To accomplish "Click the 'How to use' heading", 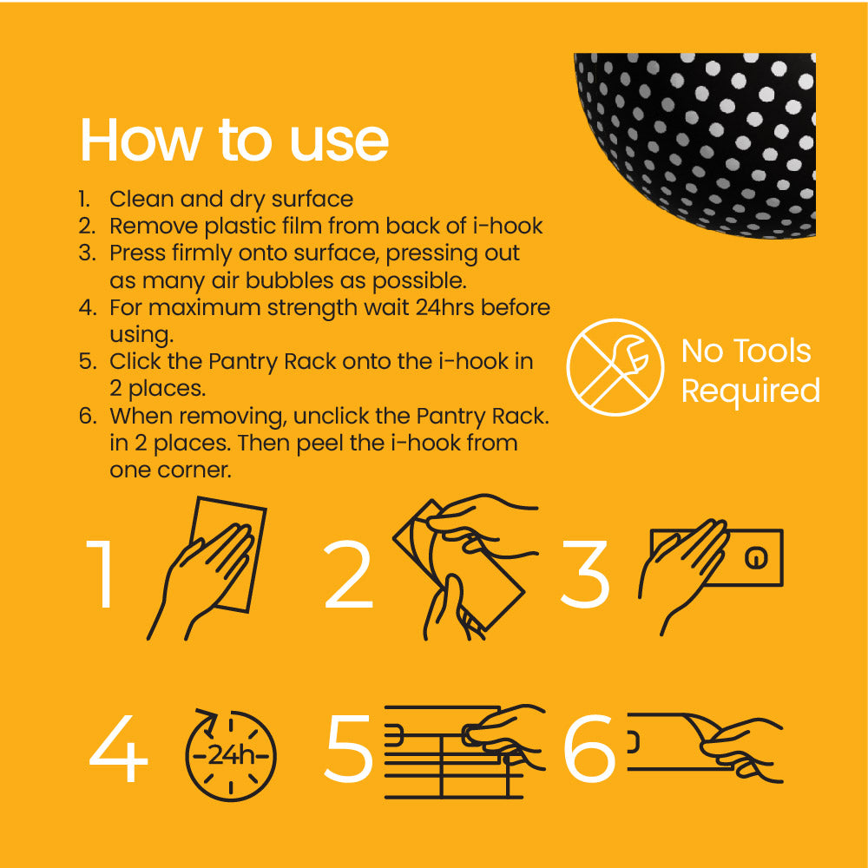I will pyautogui.click(x=234, y=140).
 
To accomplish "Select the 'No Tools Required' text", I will pyautogui.click(x=750, y=371).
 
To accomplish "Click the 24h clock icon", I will pyautogui.click(x=230, y=755).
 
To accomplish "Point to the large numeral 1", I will pyautogui.click(x=103, y=575).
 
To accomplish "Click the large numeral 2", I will pyautogui.click(x=348, y=575).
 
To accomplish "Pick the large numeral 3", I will pyautogui.click(x=586, y=575).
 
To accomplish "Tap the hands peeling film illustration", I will pyautogui.click(x=460, y=564).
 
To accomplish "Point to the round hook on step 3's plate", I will pyautogui.click(x=757, y=557).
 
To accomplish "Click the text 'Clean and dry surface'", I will pyautogui.click(x=231, y=199).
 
